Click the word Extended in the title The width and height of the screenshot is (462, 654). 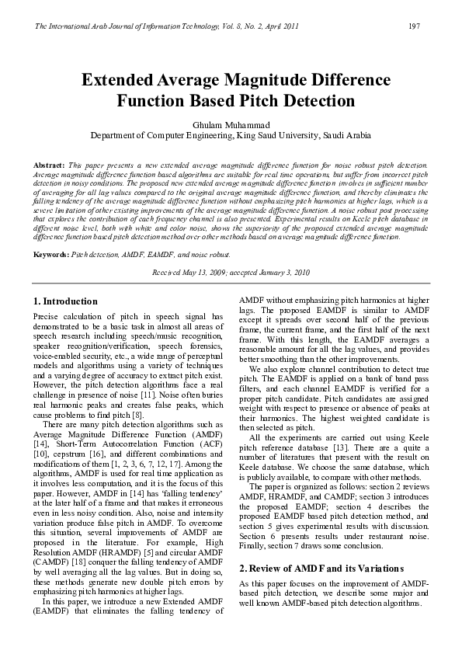pyautogui.click(x=123, y=81)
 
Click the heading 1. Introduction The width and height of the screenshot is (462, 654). pyautogui.click(x=65, y=301)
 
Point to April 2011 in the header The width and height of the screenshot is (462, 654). pyautogui.click(x=281, y=27)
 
